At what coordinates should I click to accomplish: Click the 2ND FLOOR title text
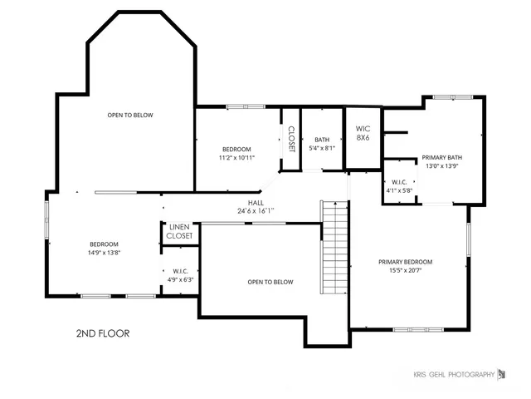click(102, 333)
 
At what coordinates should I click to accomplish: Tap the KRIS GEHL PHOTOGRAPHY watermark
click(454, 374)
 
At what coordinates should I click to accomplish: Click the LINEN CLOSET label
click(180, 232)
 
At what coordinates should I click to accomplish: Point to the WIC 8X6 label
click(363, 133)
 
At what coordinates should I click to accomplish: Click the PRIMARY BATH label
click(441, 157)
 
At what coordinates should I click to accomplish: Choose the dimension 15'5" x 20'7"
click(405, 270)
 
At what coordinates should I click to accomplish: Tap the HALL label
click(256, 202)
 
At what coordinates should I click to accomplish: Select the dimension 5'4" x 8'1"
click(323, 148)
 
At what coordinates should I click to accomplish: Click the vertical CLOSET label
click(291, 139)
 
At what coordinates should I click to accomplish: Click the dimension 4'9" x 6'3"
click(181, 279)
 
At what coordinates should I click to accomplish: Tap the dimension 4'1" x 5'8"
click(399, 190)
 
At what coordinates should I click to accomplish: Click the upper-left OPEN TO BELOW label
click(129, 115)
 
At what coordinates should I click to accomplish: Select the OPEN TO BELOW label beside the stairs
click(270, 282)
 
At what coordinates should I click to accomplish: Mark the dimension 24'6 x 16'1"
click(256, 210)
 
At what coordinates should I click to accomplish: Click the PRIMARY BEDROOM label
click(405, 262)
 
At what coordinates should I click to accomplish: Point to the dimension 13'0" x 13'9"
click(441, 165)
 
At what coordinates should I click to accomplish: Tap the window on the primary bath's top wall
click(451, 97)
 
